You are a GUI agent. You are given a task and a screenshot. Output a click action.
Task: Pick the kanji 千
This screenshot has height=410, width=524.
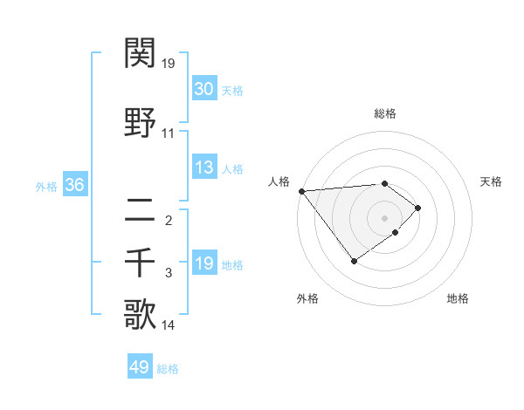[x=141, y=262]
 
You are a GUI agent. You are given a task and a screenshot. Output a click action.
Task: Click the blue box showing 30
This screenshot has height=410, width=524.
[x=204, y=89]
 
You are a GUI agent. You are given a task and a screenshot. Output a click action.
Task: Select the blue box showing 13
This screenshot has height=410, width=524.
[x=204, y=167]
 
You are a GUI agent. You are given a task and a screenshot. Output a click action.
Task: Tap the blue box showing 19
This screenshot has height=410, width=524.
[x=204, y=263]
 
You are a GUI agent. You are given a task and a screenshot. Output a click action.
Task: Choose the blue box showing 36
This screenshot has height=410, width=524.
[x=73, y=185]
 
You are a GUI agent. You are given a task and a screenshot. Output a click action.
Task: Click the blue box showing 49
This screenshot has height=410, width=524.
[x=140, y=367]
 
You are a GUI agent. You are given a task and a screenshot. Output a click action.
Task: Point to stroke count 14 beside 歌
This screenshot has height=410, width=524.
[x=169, y=325]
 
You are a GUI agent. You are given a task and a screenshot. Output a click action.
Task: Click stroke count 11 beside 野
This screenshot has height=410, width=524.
[x=169, y=133]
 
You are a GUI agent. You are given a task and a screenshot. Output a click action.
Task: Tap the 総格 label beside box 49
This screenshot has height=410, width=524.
[x=169, y=369]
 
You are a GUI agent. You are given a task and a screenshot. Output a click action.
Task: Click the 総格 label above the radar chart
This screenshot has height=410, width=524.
[x=384, y=113]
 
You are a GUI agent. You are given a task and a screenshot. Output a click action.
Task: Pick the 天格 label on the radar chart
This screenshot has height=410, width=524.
[x=491, y=181]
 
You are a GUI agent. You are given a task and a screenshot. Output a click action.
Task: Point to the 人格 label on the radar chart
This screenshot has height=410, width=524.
[x=279, y=181]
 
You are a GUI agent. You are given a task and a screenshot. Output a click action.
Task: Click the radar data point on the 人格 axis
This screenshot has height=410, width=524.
[x=301, y=191]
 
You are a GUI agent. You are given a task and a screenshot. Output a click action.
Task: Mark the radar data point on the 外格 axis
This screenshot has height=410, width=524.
[x=354, y=261]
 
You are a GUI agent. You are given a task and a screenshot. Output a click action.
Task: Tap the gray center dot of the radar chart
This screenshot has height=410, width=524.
[x=384, y=218]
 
